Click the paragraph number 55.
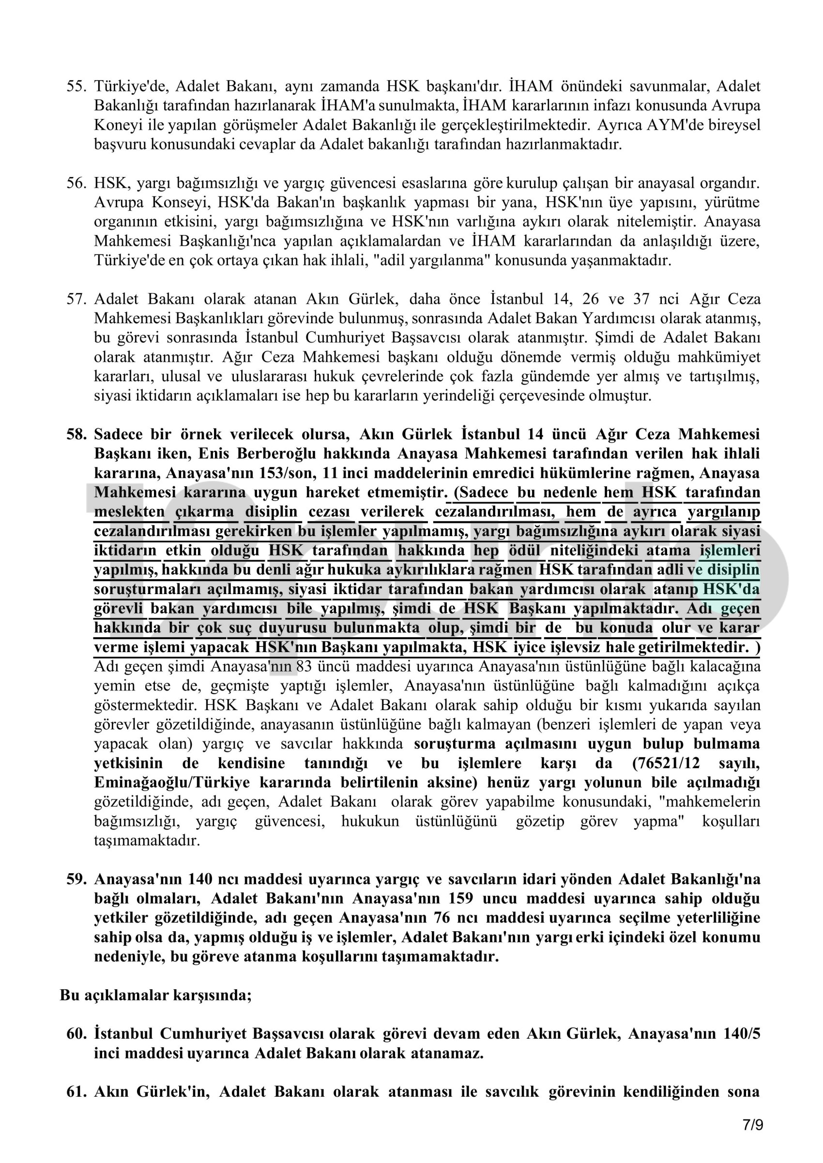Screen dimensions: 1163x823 tap(76, 86)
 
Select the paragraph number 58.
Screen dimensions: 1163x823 tap(76, 434)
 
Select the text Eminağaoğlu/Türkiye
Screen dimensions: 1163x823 tap(172, 782)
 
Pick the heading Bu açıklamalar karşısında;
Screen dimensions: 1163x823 tap(155, 995)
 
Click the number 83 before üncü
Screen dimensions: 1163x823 tap(304, 666)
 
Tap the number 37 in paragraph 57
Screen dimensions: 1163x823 tap(640, 299)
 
